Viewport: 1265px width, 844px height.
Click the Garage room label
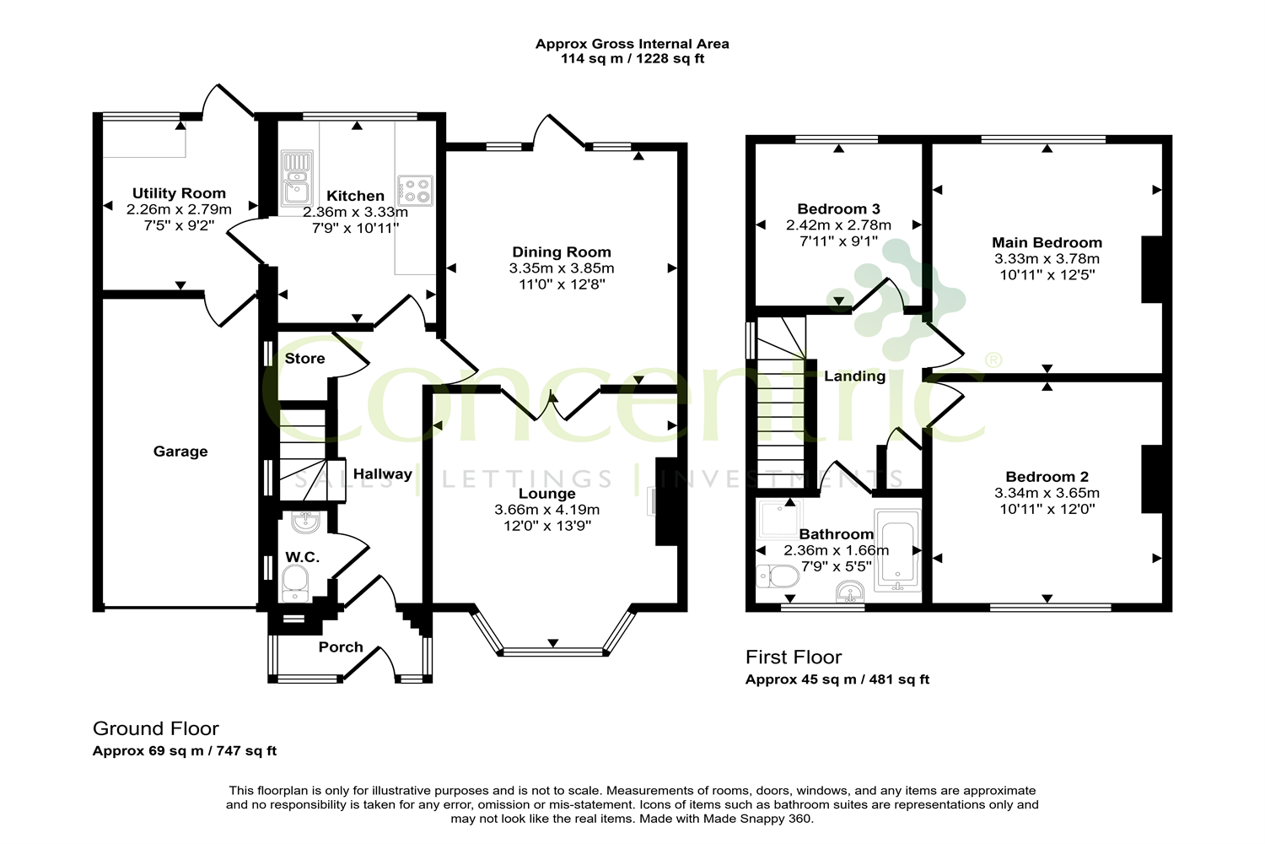(x=180, y=451)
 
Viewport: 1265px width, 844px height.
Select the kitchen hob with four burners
(x=415, y=191)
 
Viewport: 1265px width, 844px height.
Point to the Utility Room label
(x=179, y=193)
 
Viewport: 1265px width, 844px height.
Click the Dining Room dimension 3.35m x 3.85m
(x=562, y=268)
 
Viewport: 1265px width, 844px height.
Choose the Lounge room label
(x=546, y=494)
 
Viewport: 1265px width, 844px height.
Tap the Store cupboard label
(x=305, y=359)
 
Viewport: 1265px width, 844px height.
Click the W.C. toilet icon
(x=295, y=584)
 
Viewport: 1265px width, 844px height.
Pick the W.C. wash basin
(x=305, y=522)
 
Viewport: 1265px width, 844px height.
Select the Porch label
(x=341, y=647)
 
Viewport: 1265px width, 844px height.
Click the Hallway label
(x=382, y=473)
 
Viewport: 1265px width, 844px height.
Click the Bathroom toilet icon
(x=778, y=576)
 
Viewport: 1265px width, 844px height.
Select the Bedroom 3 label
(x=838, y=209)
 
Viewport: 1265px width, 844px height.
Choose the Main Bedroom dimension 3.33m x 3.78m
(x=1047, y=259)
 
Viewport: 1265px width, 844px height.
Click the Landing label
(x=854, y=376)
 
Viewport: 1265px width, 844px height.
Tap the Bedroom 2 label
(x=1047, y=477)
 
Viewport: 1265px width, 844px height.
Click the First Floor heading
(x=794, y=657)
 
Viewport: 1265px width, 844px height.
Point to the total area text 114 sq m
(x=592, y=59)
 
